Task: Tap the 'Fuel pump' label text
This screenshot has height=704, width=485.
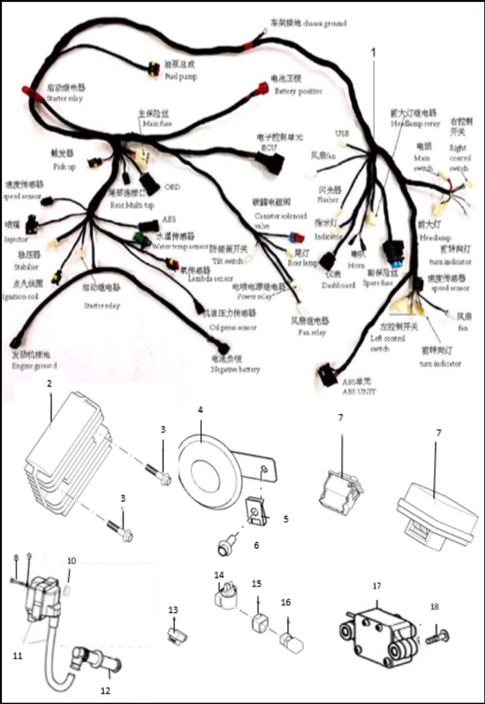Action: tap(181, 76)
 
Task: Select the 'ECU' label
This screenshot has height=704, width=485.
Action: tap(267, 146)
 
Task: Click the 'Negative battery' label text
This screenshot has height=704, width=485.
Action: tap(235, 369)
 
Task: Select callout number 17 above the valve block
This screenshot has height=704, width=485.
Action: tap(376, 586)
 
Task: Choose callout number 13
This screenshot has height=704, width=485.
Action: tap(172, 610)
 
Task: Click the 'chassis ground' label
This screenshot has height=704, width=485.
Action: tap(322, 24)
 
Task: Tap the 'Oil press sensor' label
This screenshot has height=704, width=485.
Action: tap(233, 327)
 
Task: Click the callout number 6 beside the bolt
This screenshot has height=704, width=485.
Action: tap(256, 545)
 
